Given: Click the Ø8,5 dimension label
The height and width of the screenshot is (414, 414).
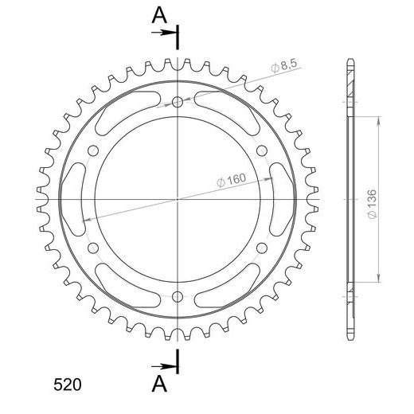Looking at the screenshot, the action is click(x=284, y=65).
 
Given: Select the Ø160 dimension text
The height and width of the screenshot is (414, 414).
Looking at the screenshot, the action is click(x=232, y=180).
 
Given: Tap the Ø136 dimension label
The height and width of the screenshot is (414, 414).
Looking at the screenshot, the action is click(x=372, y=204).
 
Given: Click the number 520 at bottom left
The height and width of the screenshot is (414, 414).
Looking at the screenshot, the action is click(x=68, y=385).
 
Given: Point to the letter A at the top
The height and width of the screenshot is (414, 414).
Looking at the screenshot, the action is click(x=159, y=15).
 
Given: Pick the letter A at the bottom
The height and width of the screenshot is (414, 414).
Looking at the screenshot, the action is click(x=159, y=384).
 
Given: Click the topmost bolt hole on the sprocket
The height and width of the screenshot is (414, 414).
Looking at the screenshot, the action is click(x=178, y=102).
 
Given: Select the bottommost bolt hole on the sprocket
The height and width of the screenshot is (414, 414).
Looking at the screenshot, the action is click(x=178, y=297).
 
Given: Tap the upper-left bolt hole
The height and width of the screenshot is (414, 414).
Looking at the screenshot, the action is click(x=93, y=150).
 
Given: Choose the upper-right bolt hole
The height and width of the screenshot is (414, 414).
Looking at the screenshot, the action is click(x=262, y=150).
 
